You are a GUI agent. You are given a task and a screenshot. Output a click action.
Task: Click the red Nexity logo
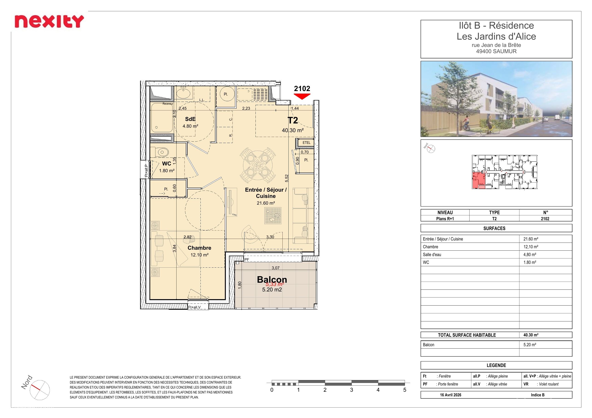49,21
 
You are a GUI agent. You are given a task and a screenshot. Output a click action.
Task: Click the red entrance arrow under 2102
302,97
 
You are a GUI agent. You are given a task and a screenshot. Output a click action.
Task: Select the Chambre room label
199,248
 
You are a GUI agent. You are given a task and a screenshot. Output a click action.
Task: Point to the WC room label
167,163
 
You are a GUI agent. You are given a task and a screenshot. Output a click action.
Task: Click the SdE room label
190,119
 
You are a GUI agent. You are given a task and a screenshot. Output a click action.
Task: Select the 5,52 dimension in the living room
287,178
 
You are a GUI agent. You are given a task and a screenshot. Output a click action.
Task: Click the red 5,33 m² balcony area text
275,284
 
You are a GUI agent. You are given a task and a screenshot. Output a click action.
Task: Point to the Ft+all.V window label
194,307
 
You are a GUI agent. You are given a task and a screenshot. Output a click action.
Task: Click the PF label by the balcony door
247,260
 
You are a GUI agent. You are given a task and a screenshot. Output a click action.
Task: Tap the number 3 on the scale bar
351,390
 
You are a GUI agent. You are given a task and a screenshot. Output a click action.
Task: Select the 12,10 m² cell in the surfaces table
531,247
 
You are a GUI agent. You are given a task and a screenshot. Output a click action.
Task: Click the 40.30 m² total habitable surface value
531,335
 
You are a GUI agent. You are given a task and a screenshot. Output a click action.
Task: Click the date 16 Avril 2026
450,395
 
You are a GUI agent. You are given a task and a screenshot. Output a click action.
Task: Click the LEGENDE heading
496,365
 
